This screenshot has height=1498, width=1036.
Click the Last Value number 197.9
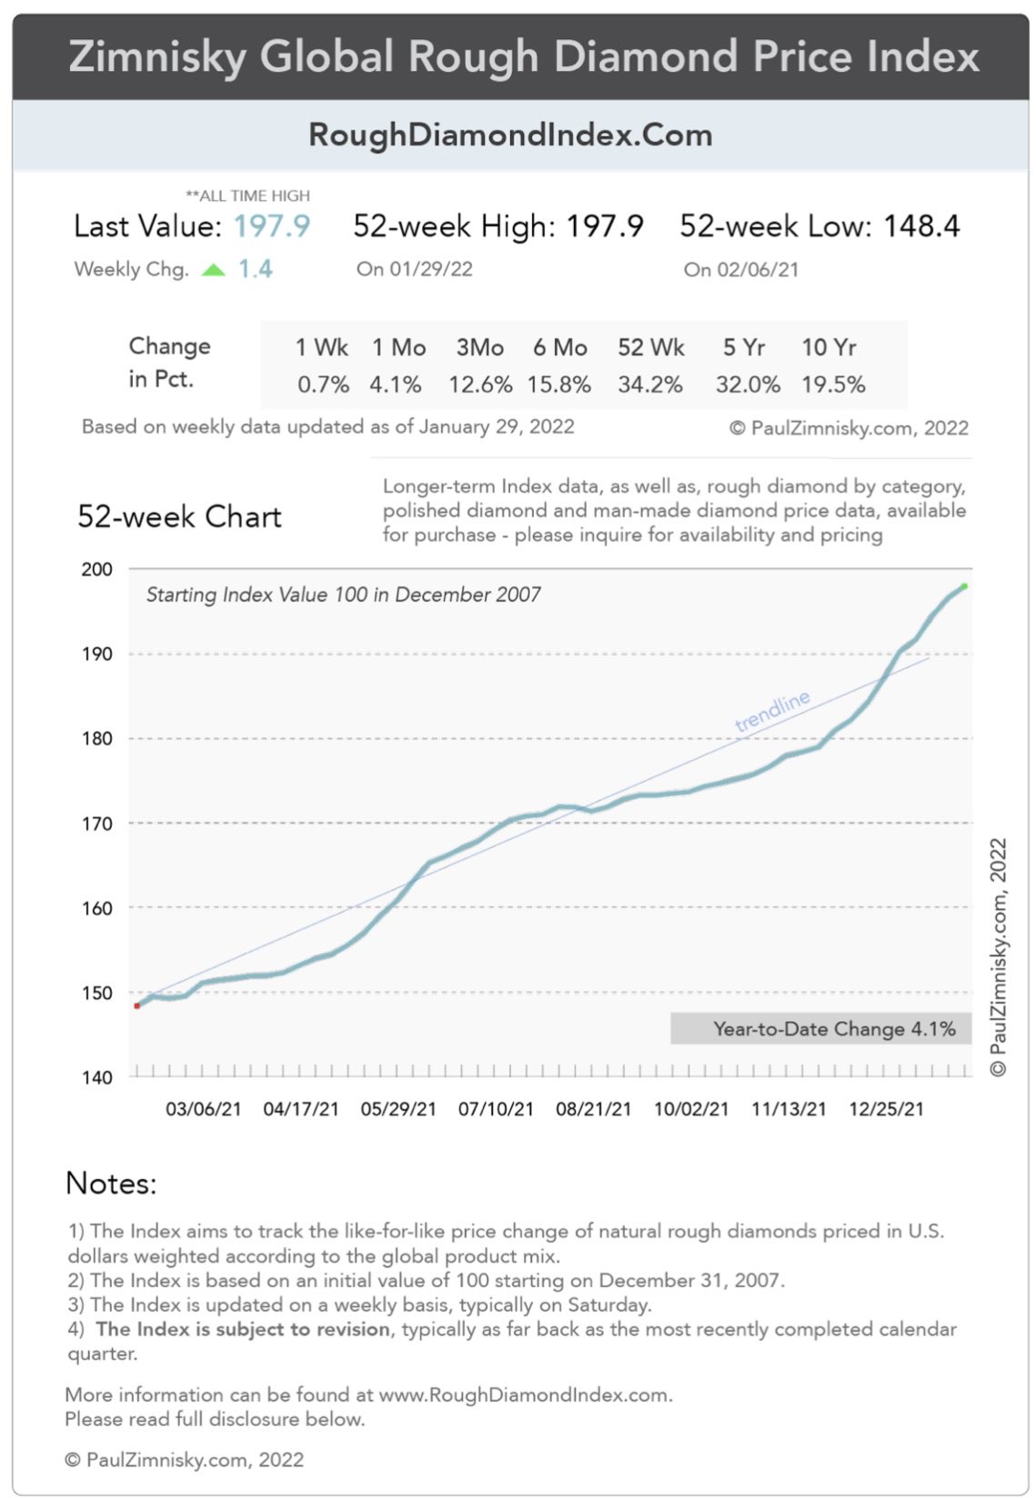(271, 226)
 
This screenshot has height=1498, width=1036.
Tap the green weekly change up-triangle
(213, 270)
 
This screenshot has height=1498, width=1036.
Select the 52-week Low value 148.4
(921, 226)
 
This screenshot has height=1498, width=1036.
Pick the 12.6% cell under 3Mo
(479, 384)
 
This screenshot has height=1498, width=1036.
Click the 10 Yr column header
(829, 347)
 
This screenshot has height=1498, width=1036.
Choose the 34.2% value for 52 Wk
(649, 384)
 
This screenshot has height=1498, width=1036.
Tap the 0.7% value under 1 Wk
(323, 384)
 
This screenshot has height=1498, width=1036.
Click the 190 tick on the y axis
(96, 654)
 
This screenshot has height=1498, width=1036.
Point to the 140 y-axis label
(96, 1078)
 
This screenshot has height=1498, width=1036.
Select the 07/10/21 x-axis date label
(496, 1109)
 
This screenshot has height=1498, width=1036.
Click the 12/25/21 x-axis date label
(886, 1109)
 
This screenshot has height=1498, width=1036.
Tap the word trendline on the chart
(772, 712)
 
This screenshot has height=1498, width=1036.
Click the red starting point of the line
(136, 1005)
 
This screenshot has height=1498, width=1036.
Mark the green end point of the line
(964, 586)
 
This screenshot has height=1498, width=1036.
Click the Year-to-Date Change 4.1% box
(820, 1029)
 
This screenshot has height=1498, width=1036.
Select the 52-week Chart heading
(179, 517)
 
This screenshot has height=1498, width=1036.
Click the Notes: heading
(111, 1183)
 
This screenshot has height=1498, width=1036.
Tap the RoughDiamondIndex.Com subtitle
(510, 135)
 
